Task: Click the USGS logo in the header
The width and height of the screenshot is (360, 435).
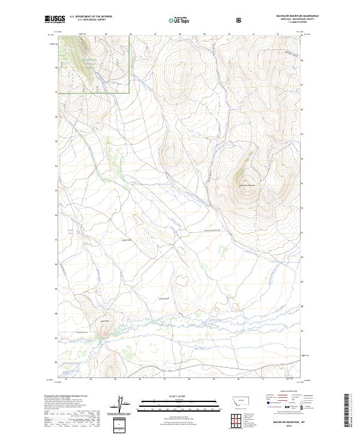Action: point(55,19)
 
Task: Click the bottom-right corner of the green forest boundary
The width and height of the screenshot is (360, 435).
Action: point(130,93)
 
